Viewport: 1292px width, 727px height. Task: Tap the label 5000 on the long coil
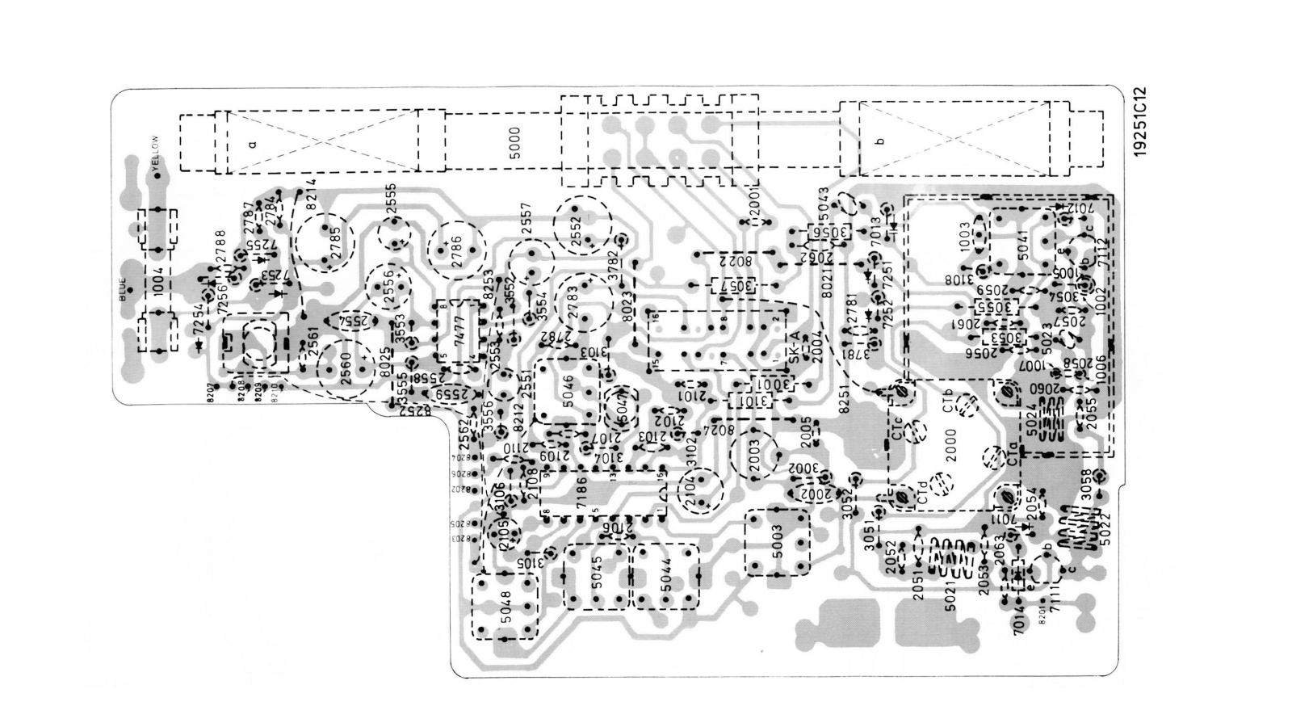click(514, 141)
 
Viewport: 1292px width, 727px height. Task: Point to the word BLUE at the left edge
click(123, 289)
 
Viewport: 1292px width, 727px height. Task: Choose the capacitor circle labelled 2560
click(347, 368)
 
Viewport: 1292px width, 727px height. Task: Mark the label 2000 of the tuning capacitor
click(950, 449)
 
